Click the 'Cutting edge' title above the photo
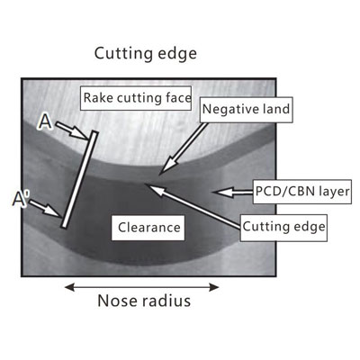[x=146, y=54]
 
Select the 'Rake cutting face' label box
[x=136, y=98]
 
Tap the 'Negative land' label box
[x=247, y=110]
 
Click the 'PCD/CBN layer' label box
[x=302, y=192]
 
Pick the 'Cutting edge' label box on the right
[x=283, y=228]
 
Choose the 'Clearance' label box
[x=148, y=228]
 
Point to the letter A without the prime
[x=45, y=122]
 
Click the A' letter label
[x=20, y=199]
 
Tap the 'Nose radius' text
[x=144, y=301]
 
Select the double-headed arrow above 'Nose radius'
[x=142, y=287]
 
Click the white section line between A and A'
[x=79, y=180]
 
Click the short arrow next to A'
[x=45, y=209]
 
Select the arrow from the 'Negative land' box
[x=183, y=148]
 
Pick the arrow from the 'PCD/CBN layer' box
[x=233, y=192]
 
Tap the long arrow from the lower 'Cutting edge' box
[x=193, y=206]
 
